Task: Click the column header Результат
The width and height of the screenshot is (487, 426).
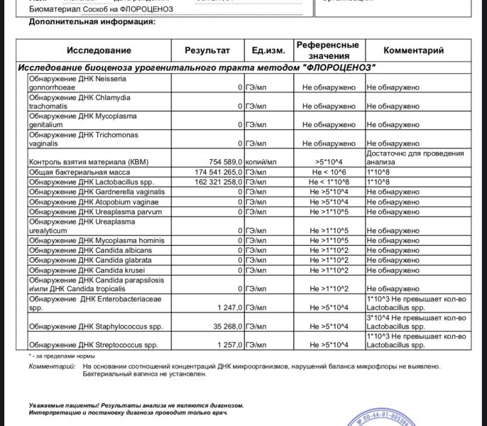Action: (207, 50)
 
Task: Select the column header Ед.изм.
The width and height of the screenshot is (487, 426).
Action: (268, 50)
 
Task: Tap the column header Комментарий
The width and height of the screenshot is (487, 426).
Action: (413, 50)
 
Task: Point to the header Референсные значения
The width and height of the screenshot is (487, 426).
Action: (327, 50)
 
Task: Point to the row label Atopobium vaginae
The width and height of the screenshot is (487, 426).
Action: (94, 202)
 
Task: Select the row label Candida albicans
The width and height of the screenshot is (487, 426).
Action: (90, 251)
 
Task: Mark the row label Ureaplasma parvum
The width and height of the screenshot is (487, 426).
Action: (95, 212)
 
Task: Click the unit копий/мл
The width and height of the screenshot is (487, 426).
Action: (261, 162)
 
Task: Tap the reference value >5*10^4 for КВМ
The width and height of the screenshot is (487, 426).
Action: (329, 162)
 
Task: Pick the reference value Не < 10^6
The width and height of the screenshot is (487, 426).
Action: (329, 173)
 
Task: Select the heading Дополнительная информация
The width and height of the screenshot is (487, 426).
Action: (92, 22)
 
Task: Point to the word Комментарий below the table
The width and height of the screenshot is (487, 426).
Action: (52, 366)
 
